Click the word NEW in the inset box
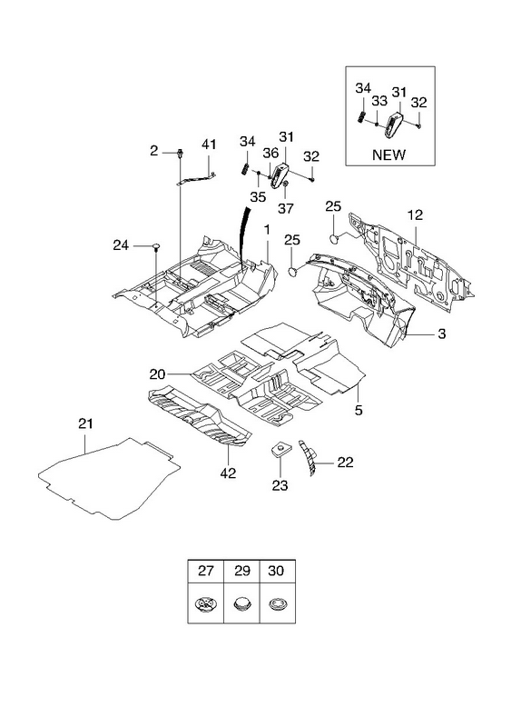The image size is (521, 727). tap(388, 154)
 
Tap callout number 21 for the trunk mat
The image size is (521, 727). tap(85, 423)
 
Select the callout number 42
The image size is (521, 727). tap(229, 473)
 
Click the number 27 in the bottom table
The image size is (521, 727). tap(206, 571)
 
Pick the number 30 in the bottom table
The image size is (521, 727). tap(276, 571)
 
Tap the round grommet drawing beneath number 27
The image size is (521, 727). tap(206, 604)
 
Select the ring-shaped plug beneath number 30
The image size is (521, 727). tap(277, 604)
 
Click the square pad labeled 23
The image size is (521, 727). tap(279, 449)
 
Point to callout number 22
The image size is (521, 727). tap(345, 463)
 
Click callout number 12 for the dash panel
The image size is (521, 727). tap(415, 215)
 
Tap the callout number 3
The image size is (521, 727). tap(442, 334)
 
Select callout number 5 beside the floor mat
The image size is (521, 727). tap(359, 410)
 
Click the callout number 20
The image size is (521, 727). tap(157, 373)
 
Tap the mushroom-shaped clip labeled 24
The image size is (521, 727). tap(156, 246)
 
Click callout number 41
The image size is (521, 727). tap(209, 144)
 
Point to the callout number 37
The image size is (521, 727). tap(286, 209)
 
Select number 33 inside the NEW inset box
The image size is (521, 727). tap(379, 101)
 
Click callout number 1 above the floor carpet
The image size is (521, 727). tap(267, 230)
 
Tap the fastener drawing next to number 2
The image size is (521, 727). tap(179, 153)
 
